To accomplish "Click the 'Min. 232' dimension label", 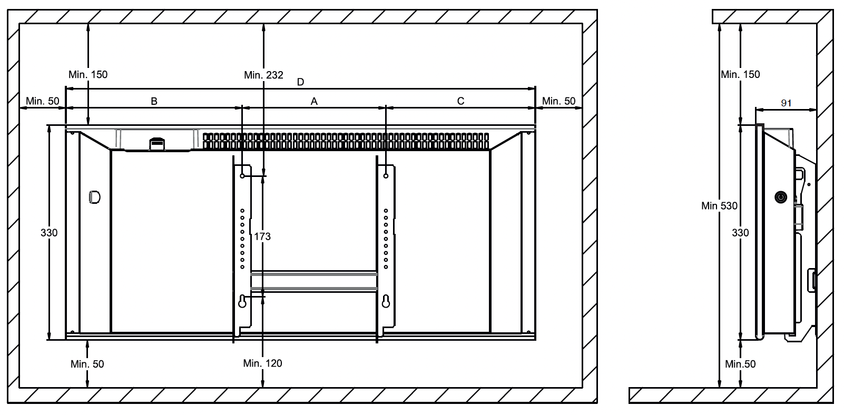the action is click(263, 75).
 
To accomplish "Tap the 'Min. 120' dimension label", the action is click(262, 363).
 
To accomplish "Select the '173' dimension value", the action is click(262, 236).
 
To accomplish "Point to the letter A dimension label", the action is click(314, 101).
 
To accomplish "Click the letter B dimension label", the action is click(154, 101).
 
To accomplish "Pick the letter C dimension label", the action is click(460, 101).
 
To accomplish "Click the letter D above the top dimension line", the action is click(300, 82).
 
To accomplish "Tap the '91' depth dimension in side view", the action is click(786, 103).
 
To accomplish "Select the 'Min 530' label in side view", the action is click(719, 206).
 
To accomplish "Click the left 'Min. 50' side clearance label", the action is click(43, 101).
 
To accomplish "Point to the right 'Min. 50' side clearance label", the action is click(559, 101).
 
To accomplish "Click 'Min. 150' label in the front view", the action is click(88, 75).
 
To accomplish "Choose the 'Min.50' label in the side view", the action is click(740, 364).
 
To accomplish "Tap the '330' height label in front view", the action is click(49, 233).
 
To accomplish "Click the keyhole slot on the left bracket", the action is click(242, 301).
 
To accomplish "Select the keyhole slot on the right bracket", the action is click(386, 301).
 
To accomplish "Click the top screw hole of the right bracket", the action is click(386, 176).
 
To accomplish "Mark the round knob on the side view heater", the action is click(781, 197).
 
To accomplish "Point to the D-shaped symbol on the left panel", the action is click(95, 197).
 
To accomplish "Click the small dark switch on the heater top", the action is click(157, 144).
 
